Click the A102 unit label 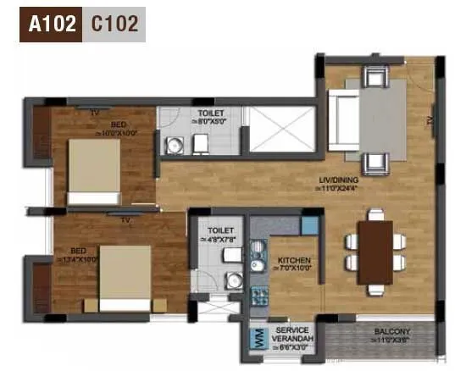(50, 25)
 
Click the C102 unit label (114, 25)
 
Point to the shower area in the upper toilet (281, 130)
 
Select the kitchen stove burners (259, 296)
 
